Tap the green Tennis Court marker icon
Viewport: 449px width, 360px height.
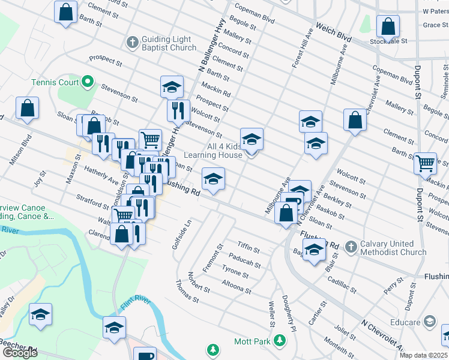click(88, 81)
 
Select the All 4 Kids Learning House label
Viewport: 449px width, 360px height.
click(224, 151)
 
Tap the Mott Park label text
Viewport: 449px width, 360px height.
click(253, 341)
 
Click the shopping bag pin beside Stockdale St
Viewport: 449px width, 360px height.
click(388, 27)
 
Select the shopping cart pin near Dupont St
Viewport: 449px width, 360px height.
click(426, 162)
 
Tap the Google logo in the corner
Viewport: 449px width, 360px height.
click(20, 353)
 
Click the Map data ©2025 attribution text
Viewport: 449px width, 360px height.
click(423, 355)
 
